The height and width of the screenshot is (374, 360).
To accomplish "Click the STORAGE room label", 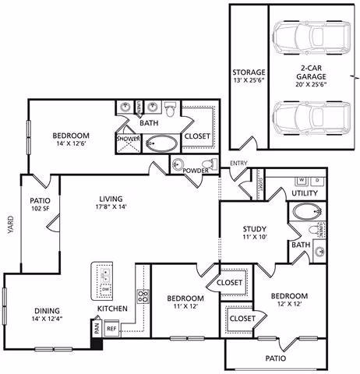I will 248,72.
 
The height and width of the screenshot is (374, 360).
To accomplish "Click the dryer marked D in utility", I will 316,180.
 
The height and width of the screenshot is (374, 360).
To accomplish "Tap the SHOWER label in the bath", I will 127,139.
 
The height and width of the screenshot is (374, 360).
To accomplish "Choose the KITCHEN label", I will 112,309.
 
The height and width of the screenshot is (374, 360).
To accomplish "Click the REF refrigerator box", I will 112,329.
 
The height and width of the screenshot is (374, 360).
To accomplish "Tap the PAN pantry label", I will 96,330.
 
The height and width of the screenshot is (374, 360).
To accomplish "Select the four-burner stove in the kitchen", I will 143,296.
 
